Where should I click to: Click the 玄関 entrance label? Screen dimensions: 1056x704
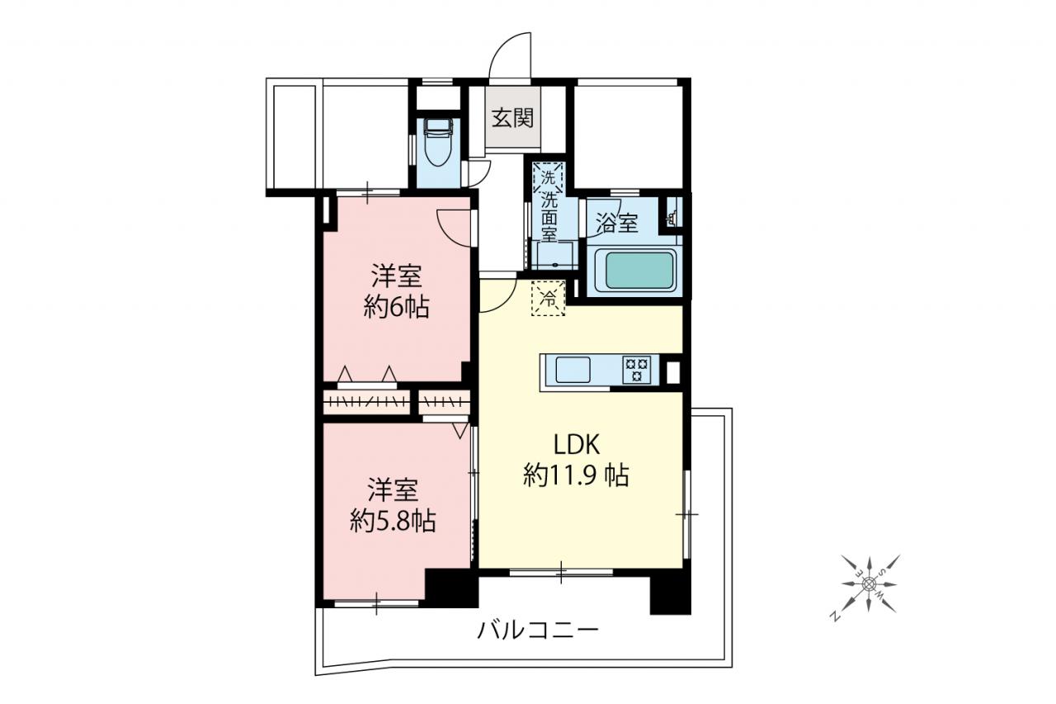(512, 118)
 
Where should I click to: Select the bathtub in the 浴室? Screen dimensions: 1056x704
(635, 271)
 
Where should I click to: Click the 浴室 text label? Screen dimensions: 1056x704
(617, 223)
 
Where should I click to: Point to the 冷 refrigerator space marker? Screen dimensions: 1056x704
(549, 298)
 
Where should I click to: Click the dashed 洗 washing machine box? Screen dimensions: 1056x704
(547, 177)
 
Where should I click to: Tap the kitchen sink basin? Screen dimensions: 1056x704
(573, 369)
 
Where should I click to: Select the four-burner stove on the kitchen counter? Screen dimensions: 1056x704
(636, 369)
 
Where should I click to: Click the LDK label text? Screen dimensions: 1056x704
(576, 445)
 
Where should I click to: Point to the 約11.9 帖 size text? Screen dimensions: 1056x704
(576, 475)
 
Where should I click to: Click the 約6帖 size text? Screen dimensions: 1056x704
(396, 309)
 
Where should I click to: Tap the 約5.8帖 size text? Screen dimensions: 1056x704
(393, 522)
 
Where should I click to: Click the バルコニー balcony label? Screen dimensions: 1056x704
(538, 630)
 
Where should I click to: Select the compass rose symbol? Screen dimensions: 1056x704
(868, 584)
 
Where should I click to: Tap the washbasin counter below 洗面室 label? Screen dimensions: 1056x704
(554, 255)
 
